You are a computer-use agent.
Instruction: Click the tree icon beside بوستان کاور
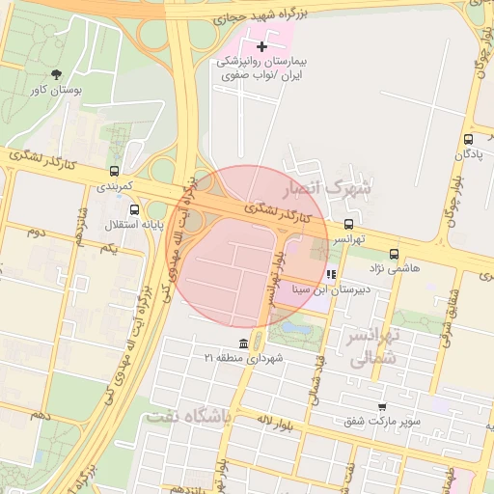57,74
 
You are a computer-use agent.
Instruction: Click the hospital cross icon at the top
261,46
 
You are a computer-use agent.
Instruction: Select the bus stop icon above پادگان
468,139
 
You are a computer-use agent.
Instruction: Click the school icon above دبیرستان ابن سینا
331,274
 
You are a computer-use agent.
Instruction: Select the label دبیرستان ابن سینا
337,288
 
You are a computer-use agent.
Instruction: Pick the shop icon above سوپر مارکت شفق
383,406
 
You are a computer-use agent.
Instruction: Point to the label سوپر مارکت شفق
384,421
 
